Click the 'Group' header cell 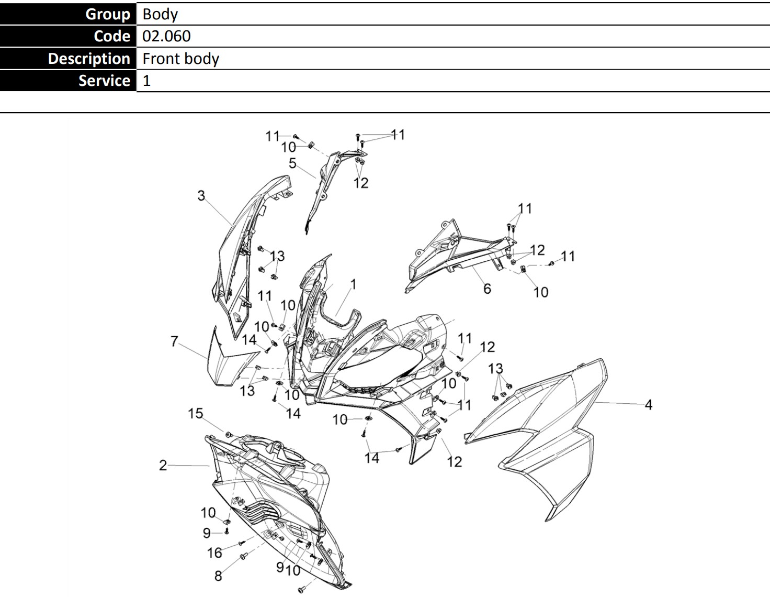68,14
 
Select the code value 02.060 166,36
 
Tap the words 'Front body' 180,59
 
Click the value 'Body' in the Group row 160,14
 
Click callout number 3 201,195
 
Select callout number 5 292,163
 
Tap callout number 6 487,289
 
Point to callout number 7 174,341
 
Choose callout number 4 649,405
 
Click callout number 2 163,466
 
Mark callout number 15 196,413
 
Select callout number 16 214,552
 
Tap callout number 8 218,576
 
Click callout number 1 353,284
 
